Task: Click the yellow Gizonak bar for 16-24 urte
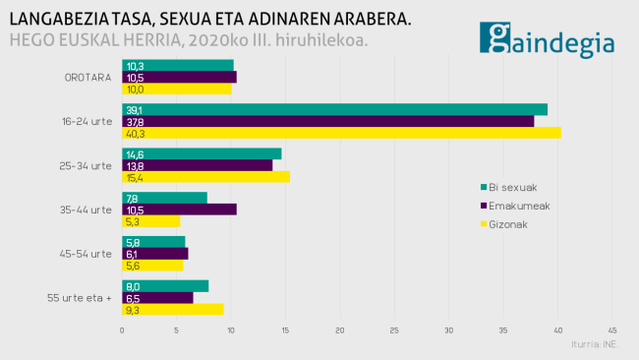[341, 133]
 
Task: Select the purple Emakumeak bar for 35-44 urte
[179, 210]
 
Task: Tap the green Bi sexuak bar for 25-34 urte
[202, 153]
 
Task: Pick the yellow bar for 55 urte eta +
[172, 309]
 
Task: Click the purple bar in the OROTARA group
[179, 77]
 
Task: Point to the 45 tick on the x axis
[612, 330]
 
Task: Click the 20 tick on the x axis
[340, 330]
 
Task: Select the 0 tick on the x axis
[122, 330]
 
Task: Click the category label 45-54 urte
[87, 254]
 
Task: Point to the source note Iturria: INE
[595, 344]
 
